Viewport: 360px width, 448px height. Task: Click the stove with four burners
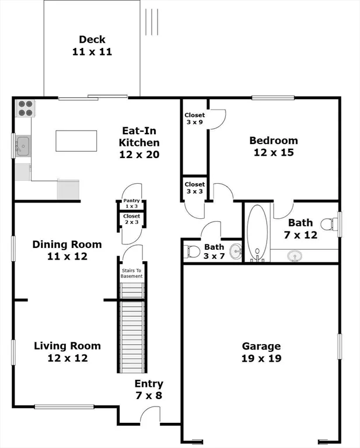[x=25, y=108]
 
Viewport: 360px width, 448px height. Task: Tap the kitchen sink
[x=23, y=146]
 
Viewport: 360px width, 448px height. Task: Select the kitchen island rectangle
[x=76, y=141]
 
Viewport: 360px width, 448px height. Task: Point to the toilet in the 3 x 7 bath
[x=191, y=251]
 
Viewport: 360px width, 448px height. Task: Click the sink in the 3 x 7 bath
[x=236, y=251]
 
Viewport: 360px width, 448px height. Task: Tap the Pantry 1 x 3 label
[x=131, y=204]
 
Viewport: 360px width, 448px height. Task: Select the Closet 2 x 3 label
[x=131, y=219]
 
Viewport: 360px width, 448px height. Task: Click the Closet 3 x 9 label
[x=194, y=118]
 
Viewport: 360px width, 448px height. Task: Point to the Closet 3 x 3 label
[x=194, y=188]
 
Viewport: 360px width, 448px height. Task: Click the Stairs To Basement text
[x=132, y=274]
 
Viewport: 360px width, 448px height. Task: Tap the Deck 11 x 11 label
[x=92, y=45]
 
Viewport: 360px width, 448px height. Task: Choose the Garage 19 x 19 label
[x=261, y=352]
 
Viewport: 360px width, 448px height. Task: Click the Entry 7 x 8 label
[x=149, y=390]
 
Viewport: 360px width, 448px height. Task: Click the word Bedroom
[x=274, y=141]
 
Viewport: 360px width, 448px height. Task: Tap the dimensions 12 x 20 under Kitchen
[x=139, y=155]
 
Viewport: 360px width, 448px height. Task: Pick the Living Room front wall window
[x=64, y=407]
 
